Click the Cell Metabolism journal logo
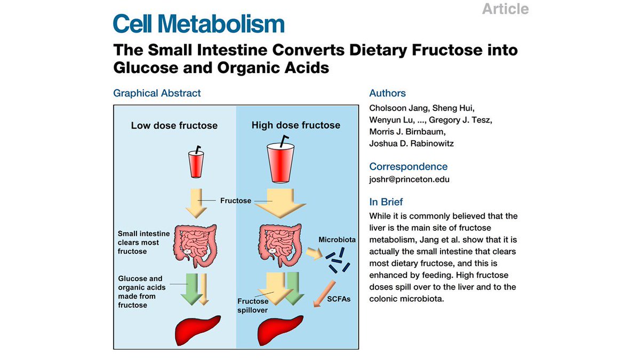(x=198, y=25)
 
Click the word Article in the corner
(x=505, y=9)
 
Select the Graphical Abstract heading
(x=157, y=93)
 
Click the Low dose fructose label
(x=174, y=126)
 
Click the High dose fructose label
(x=295, y=125)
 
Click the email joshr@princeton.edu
(x=409, y=179)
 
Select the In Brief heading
(x=386, y=202)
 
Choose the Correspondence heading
(x=408, y=166)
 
